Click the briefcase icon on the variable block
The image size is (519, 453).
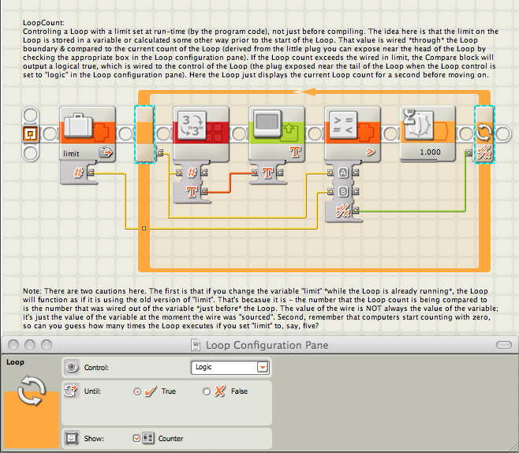coord(78,125)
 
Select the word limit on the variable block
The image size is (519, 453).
coord(71,154)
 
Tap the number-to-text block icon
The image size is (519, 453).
coord(192,125)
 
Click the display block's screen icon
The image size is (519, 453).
coord(267,124)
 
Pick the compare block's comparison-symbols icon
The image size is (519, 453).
coord(343,125)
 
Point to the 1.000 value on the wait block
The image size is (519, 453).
coord(430,152)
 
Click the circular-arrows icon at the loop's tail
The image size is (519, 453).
coord(484,133)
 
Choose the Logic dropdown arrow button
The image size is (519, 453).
coord(263,367)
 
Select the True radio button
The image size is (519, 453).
coord(137,391)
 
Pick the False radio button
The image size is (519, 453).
coord(207,391)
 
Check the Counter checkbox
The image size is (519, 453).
coord(136,439)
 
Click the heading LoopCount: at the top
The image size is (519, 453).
coord(43,23)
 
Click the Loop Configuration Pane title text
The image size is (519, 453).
coord(267,346)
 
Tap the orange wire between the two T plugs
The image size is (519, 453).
coord(230,182)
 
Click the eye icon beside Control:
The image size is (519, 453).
coord(72,367)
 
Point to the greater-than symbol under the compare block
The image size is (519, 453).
coord(370,152)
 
